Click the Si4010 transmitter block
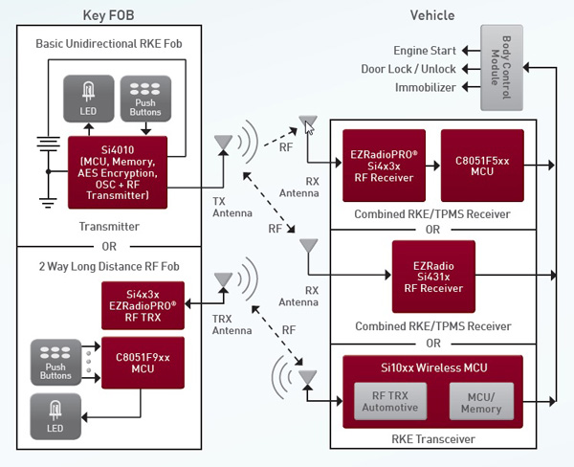[118, 172]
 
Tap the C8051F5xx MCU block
[482, 165]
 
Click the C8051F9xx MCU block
[143, 362]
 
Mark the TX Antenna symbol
[222, 145]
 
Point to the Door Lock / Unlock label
[408, 69]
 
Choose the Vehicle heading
[431, 15]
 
